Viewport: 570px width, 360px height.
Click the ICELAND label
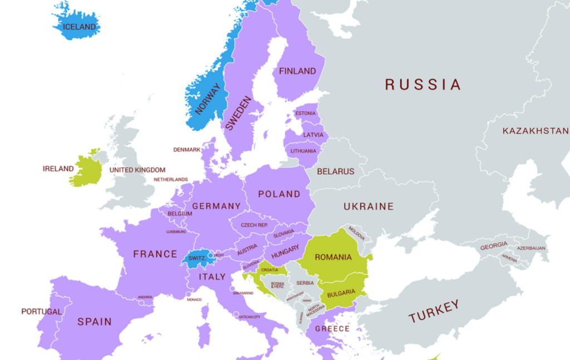[x=79, y=27]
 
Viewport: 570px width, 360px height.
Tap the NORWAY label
[x=208, y=98]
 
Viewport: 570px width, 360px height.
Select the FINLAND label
[x=297, y=71]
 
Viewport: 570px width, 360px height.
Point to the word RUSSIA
[x=423, y=85]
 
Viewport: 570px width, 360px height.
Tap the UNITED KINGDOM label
[x=137, y=170]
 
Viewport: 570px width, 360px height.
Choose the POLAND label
[x=279, y=194]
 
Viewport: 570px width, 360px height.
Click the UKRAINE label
[x=368, y=206]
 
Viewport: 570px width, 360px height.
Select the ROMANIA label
[x=333, y=257]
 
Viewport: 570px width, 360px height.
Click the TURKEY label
[x=434, y=311]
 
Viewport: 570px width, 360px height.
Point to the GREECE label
[x=332, y=328]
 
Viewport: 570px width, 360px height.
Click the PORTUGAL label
[x=42, y=312]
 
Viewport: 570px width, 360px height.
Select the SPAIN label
[x=95, y=322]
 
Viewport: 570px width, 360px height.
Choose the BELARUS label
[x=336, y=171]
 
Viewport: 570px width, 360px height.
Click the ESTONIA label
[x=306, y=114]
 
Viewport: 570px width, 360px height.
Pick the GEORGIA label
[x=494, y=245]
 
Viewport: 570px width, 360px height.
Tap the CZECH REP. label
[x=254, y=225]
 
